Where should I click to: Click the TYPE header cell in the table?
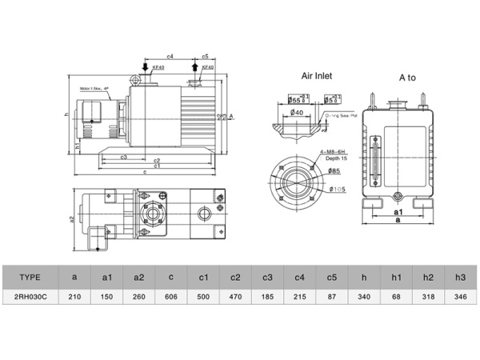29,277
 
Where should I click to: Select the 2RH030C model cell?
29,296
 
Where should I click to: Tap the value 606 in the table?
170,296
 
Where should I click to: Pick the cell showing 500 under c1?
203,296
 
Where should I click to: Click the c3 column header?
267,277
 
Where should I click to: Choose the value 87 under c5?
331,296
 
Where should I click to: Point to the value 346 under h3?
460,296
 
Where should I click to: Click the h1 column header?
396,277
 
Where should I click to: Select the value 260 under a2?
138,296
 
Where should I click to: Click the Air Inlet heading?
316,77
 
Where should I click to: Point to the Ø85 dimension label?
334,171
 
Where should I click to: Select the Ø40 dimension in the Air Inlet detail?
296,113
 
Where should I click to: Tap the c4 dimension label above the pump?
170,57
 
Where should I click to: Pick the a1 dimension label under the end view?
398,213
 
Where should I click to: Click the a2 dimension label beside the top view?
71,218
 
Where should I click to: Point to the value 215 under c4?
299,296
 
